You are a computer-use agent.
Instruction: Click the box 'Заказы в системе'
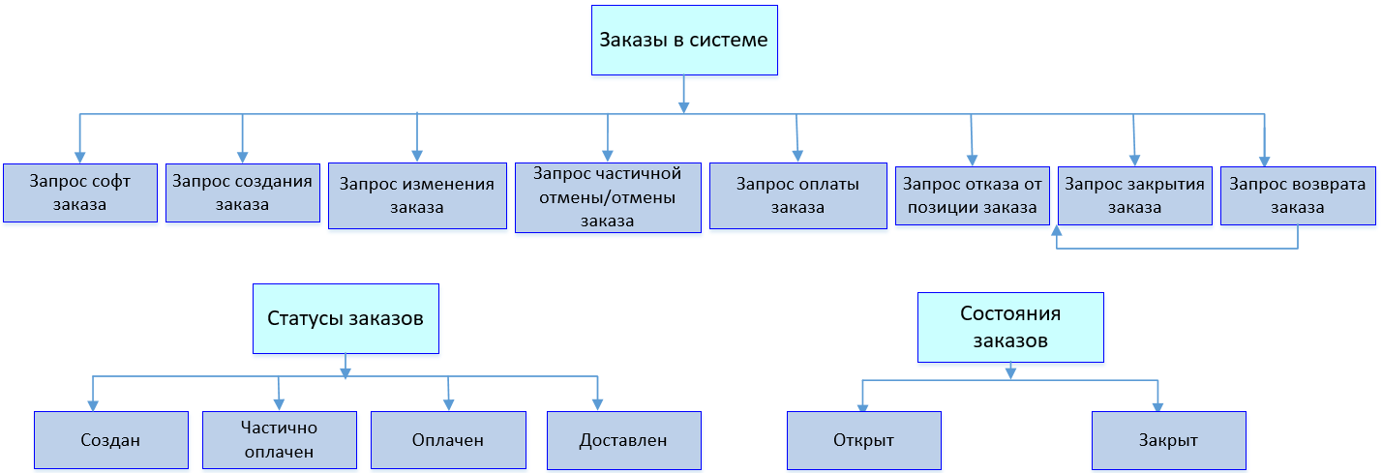click(x=684, y=41)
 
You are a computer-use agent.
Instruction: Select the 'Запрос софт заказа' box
click(x=79, y=192)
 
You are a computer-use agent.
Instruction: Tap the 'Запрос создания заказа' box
click(x=242, y=192)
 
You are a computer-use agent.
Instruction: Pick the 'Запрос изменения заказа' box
click(x=417, y=195)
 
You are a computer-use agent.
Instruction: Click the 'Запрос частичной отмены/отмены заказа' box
click(x=607, y=197)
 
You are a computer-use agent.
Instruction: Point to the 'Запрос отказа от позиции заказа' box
click(x=972, y=195)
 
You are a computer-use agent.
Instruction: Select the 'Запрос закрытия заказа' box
click(x=1134, y=195)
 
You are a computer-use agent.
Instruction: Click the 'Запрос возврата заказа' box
click(x=1297, y=195)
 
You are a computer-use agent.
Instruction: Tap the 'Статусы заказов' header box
click(x=345, y=318)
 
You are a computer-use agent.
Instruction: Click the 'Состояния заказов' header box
click(x=1010, y=327)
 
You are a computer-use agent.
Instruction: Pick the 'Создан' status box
click(x=110, y=440)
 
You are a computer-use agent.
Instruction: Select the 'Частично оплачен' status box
click(x=280, y=440)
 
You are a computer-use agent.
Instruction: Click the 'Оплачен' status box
click(x=448, y=440)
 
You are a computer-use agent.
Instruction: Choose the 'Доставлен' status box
click(x=623, y=440)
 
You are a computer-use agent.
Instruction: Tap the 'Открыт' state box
click(x=863, y=440)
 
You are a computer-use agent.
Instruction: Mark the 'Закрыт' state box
click(x=1168, y=440)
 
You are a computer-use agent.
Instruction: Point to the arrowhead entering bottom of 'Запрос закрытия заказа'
click(x=1057, y=231)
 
